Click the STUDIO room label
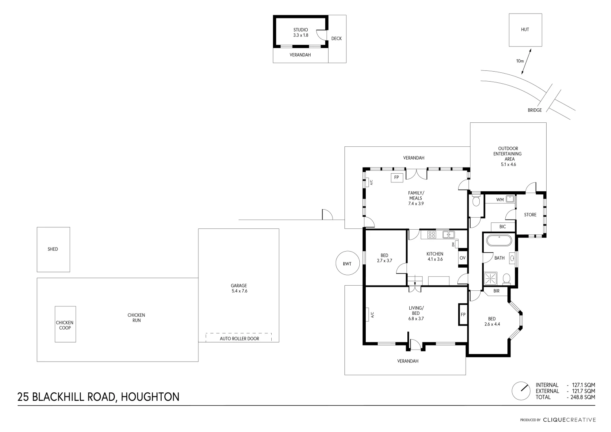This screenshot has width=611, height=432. click(300, 30)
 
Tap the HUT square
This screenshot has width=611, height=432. click(525, 30)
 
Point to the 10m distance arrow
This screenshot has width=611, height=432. click(527, 62)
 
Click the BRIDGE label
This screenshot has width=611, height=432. click(535, 110)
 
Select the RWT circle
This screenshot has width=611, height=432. click(347, 264)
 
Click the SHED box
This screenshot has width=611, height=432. click(53, 249)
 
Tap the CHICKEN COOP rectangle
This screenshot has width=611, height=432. click(65, 324)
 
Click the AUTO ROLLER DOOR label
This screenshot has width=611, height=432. click(239, 338)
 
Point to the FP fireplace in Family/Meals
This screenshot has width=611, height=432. click(397, 177)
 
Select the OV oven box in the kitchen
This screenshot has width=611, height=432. click(463, 258)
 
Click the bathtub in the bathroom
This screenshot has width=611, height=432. click(499, 241)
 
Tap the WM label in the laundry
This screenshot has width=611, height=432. click(500, 200)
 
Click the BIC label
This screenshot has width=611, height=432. click(503, 227)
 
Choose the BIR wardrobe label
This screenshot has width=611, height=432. click(496, 291)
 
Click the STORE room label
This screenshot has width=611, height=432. click(530, 215)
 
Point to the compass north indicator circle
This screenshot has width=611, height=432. click(521, 391)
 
